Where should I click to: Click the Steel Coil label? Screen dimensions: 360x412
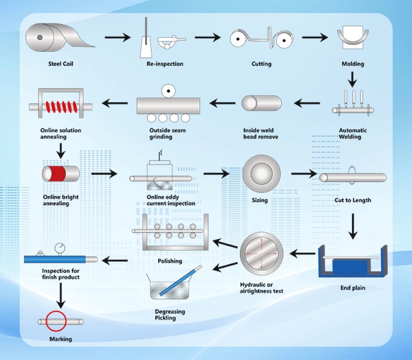60,64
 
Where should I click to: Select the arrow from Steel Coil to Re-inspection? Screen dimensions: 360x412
117,37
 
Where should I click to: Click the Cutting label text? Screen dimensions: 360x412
262,64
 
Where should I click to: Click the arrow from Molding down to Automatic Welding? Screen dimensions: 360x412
353,80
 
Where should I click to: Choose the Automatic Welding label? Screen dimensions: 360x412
353,134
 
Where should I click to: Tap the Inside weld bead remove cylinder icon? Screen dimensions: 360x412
262,104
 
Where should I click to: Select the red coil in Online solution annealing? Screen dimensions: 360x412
60,107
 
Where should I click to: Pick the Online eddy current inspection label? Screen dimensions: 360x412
171,200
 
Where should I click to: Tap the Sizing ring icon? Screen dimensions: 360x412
260,173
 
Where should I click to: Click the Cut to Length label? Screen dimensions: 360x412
353,200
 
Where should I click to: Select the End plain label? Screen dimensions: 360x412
353,288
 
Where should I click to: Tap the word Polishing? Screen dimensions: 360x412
170,261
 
